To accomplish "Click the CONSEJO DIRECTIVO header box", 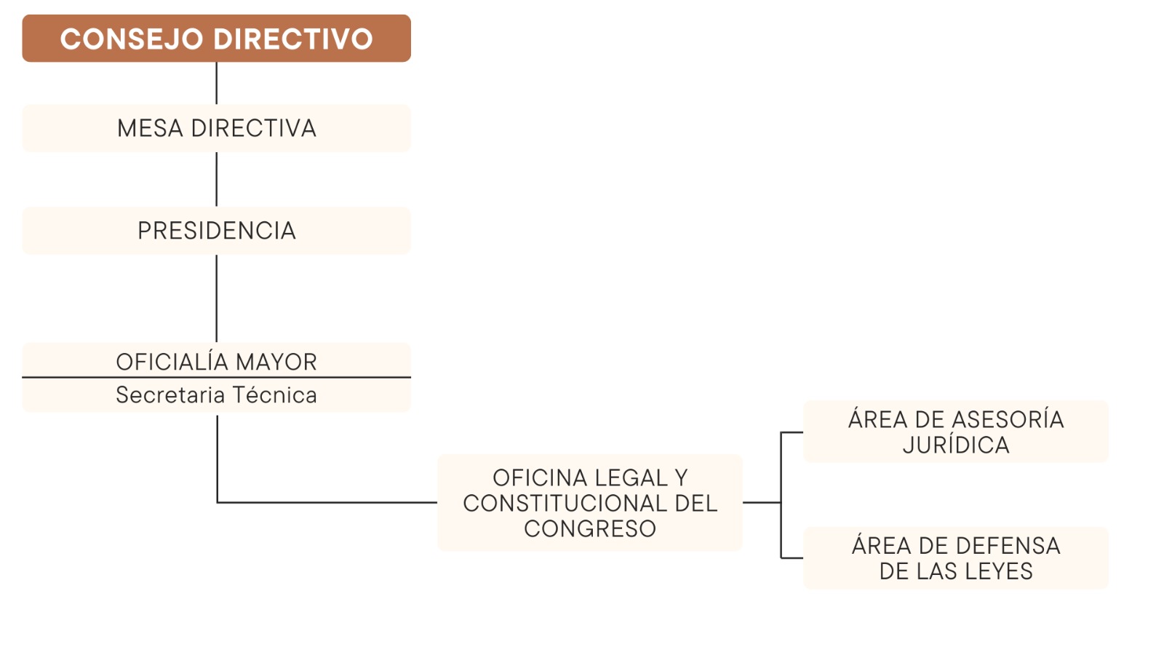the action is (x=216, y=39).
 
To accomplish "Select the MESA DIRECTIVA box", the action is (x=216, y=128).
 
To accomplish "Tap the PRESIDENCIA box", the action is (x=216, y=231).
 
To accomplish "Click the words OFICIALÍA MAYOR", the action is (x=216, y=361).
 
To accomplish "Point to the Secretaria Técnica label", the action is (x=216, y=395).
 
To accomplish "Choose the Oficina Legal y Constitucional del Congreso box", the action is (x=590, y=503).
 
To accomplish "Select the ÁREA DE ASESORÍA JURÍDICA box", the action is (x=956, y=432).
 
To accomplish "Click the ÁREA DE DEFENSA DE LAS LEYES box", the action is (x=956, y=558).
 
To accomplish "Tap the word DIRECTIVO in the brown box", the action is (x=293, y=39).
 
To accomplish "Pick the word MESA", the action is (x=150, y=128).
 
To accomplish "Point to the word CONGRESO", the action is (x=590, y=528).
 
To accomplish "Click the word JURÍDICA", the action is (x=956, y=445).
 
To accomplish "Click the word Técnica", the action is (x=274, y=394).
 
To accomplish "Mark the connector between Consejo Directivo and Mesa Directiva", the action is (x=216, y=83).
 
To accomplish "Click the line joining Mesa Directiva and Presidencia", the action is (x=216, y=179).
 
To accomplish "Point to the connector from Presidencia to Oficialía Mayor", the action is (x=216, y=298).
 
